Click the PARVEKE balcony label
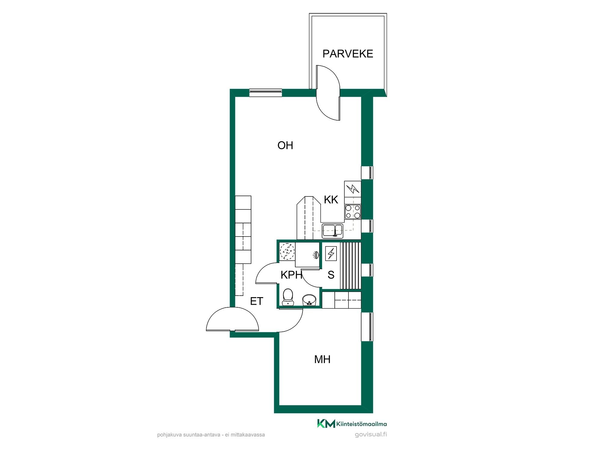pyautogui.click(x=348, y=54)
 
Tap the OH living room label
pyautogui.click(x=285, y=146)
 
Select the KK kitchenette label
pyautogui.click(x=331, y=199)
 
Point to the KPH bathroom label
pyautogui.click(x=291, y=275)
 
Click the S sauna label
pyautogui.click(x=331, y=275)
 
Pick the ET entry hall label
pyautogui.click(x=256, y=301)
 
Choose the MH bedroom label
pyautogui.click(x=322, y=359)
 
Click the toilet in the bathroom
pyautogui.click(x=288, y=297)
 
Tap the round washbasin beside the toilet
pyautogui.click(x=309, y=300)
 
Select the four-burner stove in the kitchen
pyautogui.click(x=353, y=211)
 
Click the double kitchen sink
pyautogui.click(x=332, y=231)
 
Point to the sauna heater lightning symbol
pyautogui.click(x=331, y=253)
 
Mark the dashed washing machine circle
pyautogui.click(x=287, y=251)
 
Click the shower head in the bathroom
pyautogui.click(x=316, y=255)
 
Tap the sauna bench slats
pyautogui.click(x=350, y=265)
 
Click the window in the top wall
pyautogui.click(x=266, y=93)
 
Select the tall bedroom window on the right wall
pyautogui.click(x=367, y=327)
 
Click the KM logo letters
pyautogui.click(x=326, y=423)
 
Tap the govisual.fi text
pyautogui.click(x=371, y=435)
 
